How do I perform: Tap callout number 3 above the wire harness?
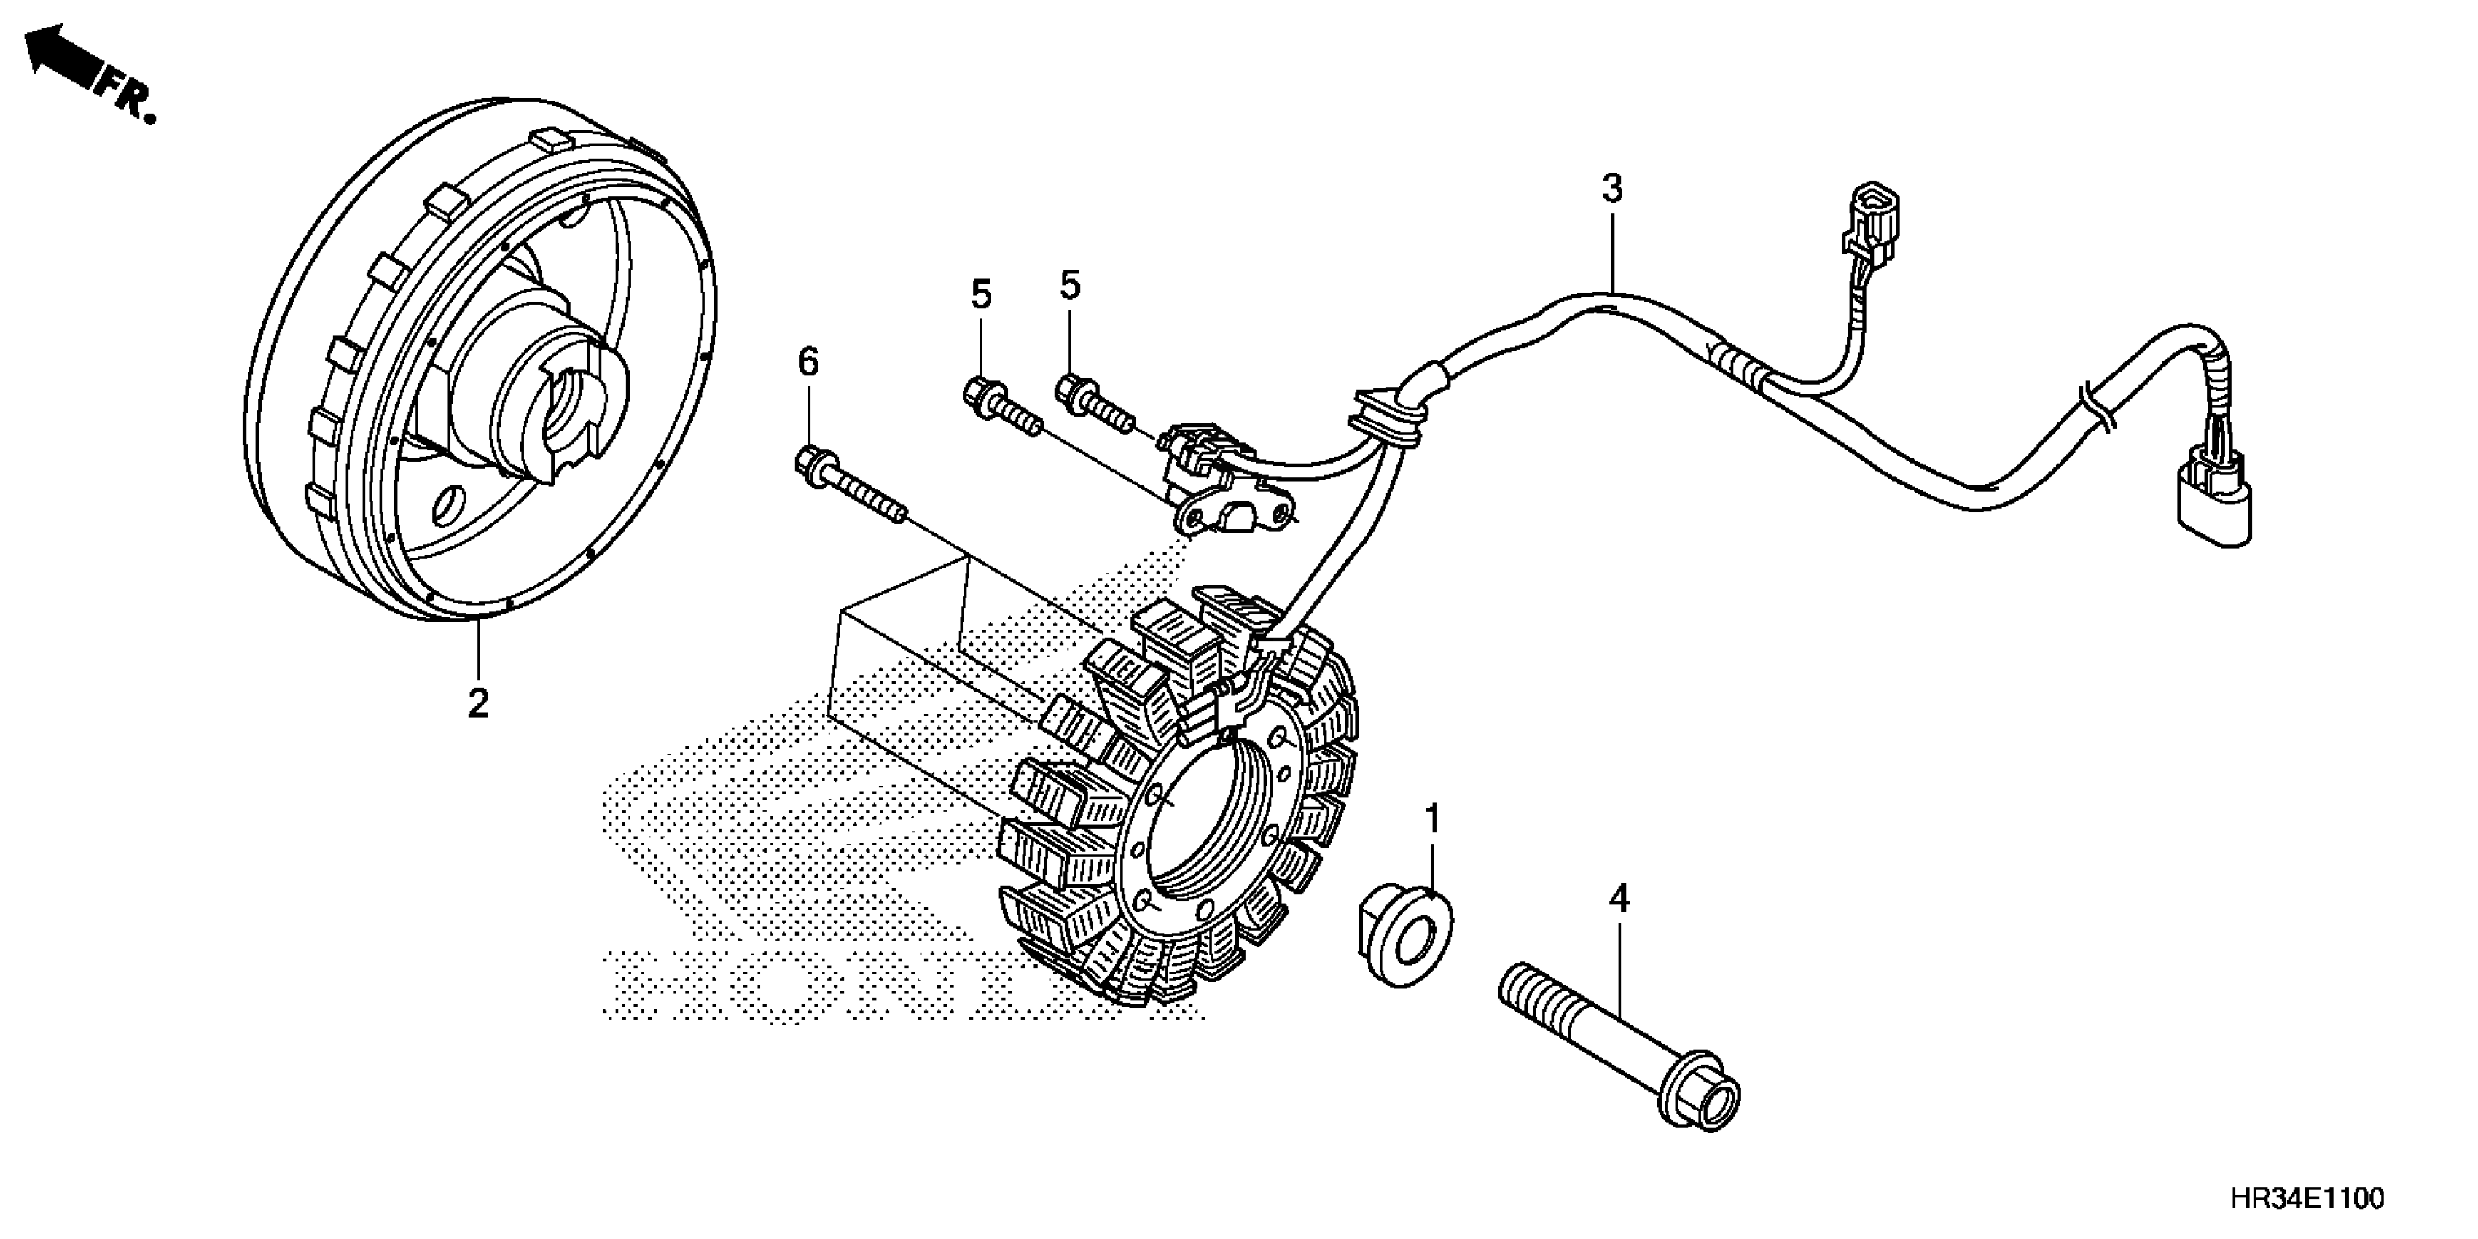pyautogui.click(x=1612, y=189)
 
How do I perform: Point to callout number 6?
pyautogui.click(x=808, y=363)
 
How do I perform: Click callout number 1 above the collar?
pyautogui.click(x=1432, y=820)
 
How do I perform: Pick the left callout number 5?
pyautogui.click(x=980, y=295)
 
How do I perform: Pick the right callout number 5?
pyautogui.click(x=1070, y=286)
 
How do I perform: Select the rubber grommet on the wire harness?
pyautogui.click(x=1383, y=418)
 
